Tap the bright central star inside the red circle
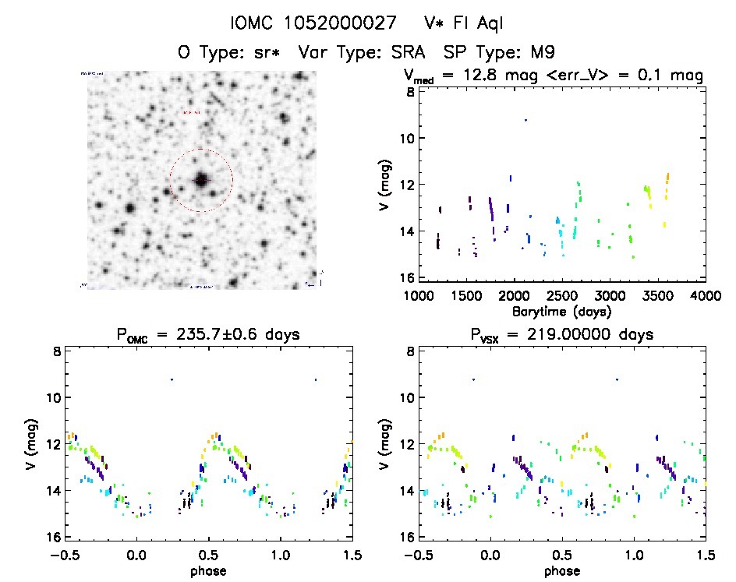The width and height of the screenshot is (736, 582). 201,180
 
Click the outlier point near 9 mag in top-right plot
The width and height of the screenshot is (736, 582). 525,120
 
